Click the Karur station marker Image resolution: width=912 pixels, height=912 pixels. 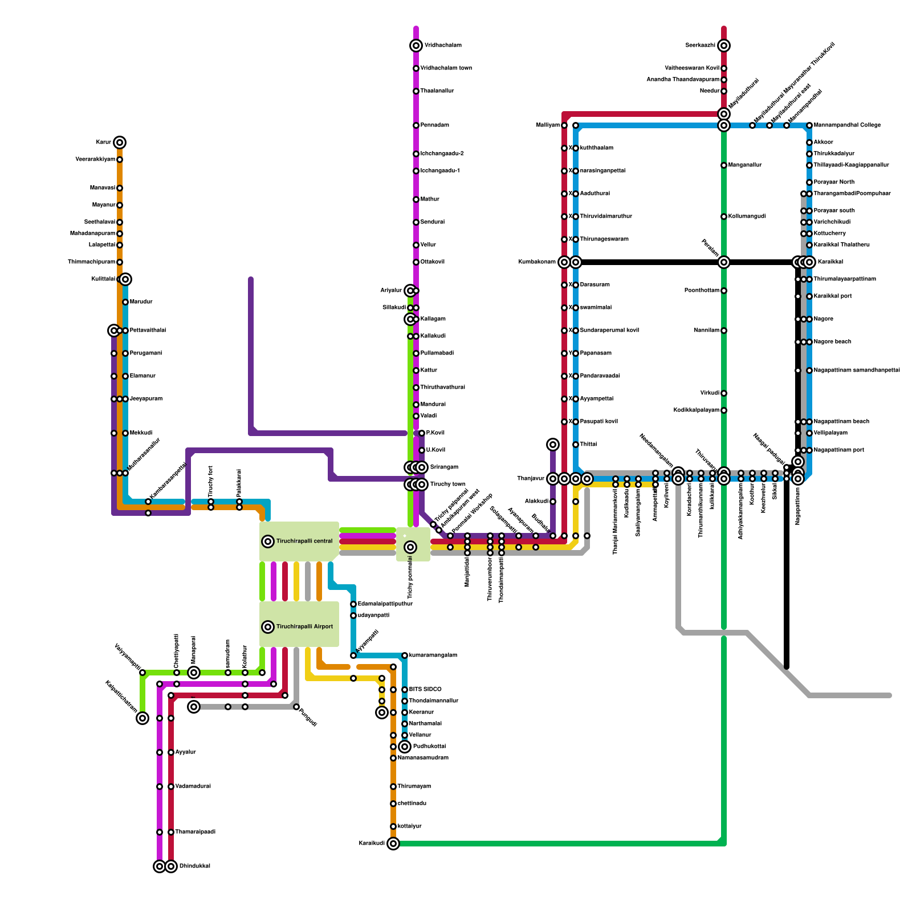tap(120, 142)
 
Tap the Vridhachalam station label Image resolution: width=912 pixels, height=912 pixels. tap(443, 46)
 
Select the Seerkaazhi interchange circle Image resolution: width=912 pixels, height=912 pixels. tap(724, 46)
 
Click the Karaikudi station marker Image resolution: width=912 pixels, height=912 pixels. tap(393, 844)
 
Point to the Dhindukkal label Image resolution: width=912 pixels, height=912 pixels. tap(195, 866)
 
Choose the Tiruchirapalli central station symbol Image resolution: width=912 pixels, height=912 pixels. tap(268, 541)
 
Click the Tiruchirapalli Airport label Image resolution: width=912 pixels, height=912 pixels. tap(304, 627)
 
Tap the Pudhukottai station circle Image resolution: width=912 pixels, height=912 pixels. tap(405, 747)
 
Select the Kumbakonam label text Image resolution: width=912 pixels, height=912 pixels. tap(537, 262)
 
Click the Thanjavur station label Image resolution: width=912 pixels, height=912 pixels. tap(531, 479)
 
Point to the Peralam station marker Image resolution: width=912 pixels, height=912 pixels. tap(724, 262)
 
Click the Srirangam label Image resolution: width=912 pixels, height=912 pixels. tap(444, 467)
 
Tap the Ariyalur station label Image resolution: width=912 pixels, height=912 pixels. tap(391, 291)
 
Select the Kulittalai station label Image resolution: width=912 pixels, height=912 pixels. tap(104, 279)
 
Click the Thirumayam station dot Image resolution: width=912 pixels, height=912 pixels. tap(393, 787)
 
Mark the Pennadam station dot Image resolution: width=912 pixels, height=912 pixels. tap(416, 125)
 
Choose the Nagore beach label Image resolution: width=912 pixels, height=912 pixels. tap(832, 342)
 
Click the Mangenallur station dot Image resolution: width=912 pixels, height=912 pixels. tap(724, 165)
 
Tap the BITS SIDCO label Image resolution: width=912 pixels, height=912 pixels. tap(425, 690)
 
